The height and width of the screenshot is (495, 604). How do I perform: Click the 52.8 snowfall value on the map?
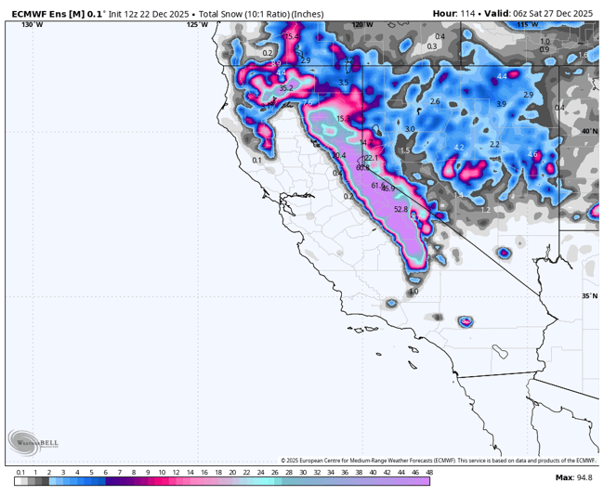pyautogui.click(x=401, y=210)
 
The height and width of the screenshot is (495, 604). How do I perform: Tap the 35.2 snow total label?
pyautogui.click(x=286, y=88)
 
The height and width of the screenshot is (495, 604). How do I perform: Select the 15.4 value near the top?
pyautogui.click(x=292, y=36)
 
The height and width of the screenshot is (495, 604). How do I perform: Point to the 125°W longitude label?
pyautogui.click(x=197, y=25)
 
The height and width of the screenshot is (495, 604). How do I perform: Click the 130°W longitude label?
pyautogui.click(x=32, y=25)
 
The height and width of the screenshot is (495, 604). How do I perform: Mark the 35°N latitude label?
pyautogui.click(x=589, y=296)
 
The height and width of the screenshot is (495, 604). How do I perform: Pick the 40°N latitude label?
pyautogui.click(x=589, y=132)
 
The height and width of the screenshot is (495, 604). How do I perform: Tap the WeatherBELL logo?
pyautogui.click(x=33, y=443)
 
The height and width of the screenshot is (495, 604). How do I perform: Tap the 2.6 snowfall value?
pyautogui.click(x=435, y=101)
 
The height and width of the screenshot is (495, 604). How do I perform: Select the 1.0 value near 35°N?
pyautogui.click(x=414, y=292)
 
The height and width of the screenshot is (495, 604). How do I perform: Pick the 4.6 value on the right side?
pyautogui.click(x=532, y=154)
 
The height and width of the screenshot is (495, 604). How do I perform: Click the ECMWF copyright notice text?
pyautogui.click(x=439, y=460)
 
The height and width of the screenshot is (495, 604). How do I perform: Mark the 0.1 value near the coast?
pyautogui.click(x=256, y=161)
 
